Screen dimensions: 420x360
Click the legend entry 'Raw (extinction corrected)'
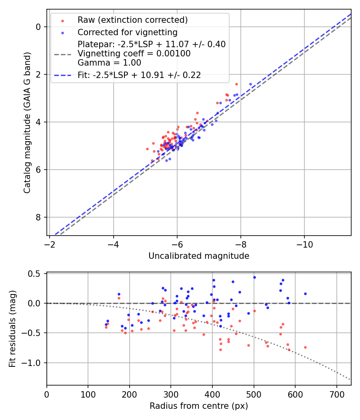click(x=132, y=20)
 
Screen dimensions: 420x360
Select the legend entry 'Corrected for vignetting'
click(x=128, y=32)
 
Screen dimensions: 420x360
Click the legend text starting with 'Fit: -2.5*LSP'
click(x=139, y=75)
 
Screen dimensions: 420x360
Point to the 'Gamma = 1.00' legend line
click(x=109, y=62)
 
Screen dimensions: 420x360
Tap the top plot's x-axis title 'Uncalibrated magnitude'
click(x=199, y=256)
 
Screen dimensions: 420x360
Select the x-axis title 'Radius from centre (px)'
click(x=199, y=406)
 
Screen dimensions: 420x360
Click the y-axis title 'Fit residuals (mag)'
click(x=13, y=329)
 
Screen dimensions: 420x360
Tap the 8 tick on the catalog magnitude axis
click(x=38, y=217)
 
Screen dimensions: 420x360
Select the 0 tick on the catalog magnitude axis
click(x=38, y=27)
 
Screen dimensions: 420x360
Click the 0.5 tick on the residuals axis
click(x=36, y=274)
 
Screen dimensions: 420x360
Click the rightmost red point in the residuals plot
click(x=305, y=347)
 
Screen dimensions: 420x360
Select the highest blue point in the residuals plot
click(x=254, y=277)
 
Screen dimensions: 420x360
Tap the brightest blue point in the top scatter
click(x=251, y=84)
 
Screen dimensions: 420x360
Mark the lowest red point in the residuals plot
click(x=220, y=350)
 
